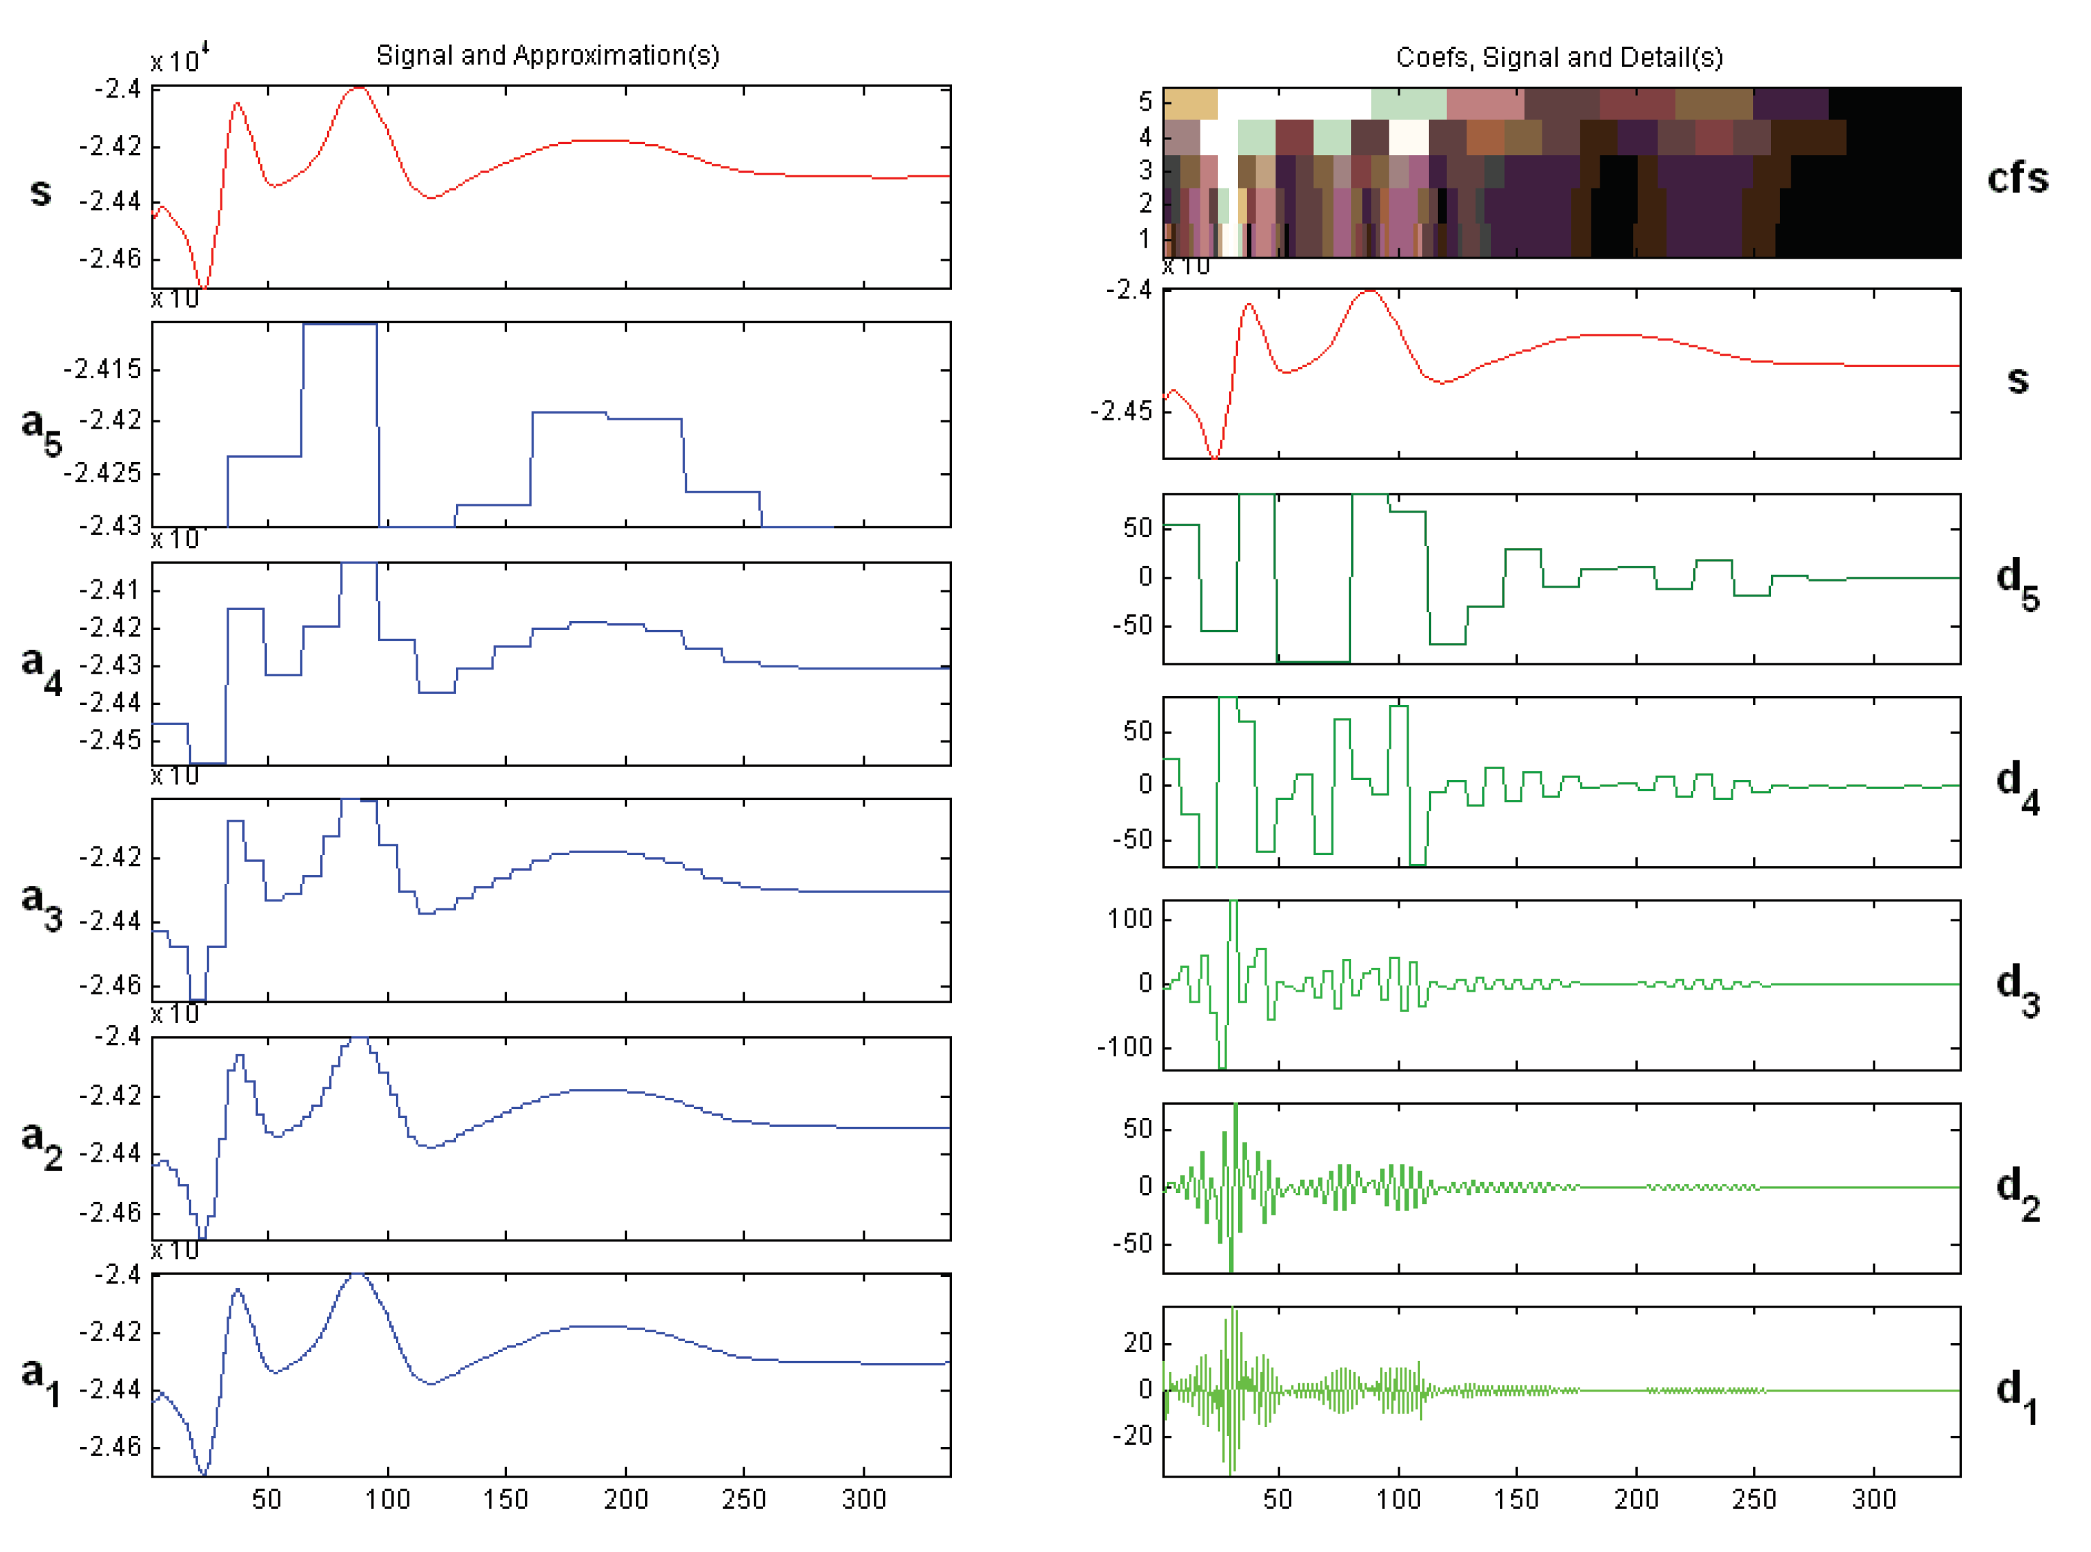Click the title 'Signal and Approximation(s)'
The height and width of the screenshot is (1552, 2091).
pos(547,55)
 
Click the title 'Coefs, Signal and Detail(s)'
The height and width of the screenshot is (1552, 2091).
pos(1559,57)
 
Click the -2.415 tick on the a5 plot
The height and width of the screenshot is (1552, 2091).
pos(102,369)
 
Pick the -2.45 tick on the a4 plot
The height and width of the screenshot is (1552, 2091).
pos(110,741)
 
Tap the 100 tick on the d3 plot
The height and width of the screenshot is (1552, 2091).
pos(1129,918)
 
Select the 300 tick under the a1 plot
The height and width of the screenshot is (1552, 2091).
pos(863,1499)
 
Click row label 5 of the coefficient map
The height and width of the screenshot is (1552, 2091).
pos(1144,102)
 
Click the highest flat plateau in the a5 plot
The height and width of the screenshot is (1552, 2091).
pos(340,324)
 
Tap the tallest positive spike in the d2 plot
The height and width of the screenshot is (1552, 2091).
pos(1235,1108)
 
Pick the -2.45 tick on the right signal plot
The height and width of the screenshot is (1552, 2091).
pos(1120,411)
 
